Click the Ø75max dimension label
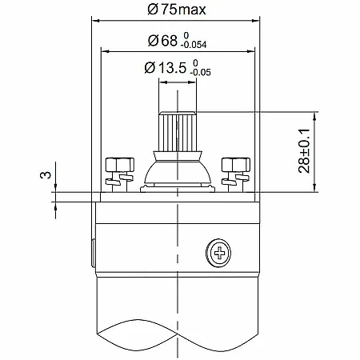[x=177, y=10]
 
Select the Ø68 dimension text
[x=162, y=41]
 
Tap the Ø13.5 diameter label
[x=165, y=67]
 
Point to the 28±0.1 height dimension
[x=304, y=151]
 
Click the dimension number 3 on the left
[x=46, y=175]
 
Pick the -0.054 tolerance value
[x=194, y=45]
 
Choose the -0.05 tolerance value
[x=200, y=72]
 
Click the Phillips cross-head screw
[x=218, y=253]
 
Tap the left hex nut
[x=120, y=165]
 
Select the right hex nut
[x=236, y=165]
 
